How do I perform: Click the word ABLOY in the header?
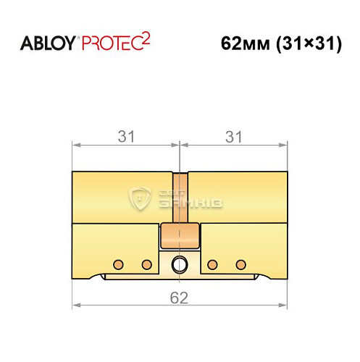47,43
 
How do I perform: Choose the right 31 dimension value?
233,135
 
